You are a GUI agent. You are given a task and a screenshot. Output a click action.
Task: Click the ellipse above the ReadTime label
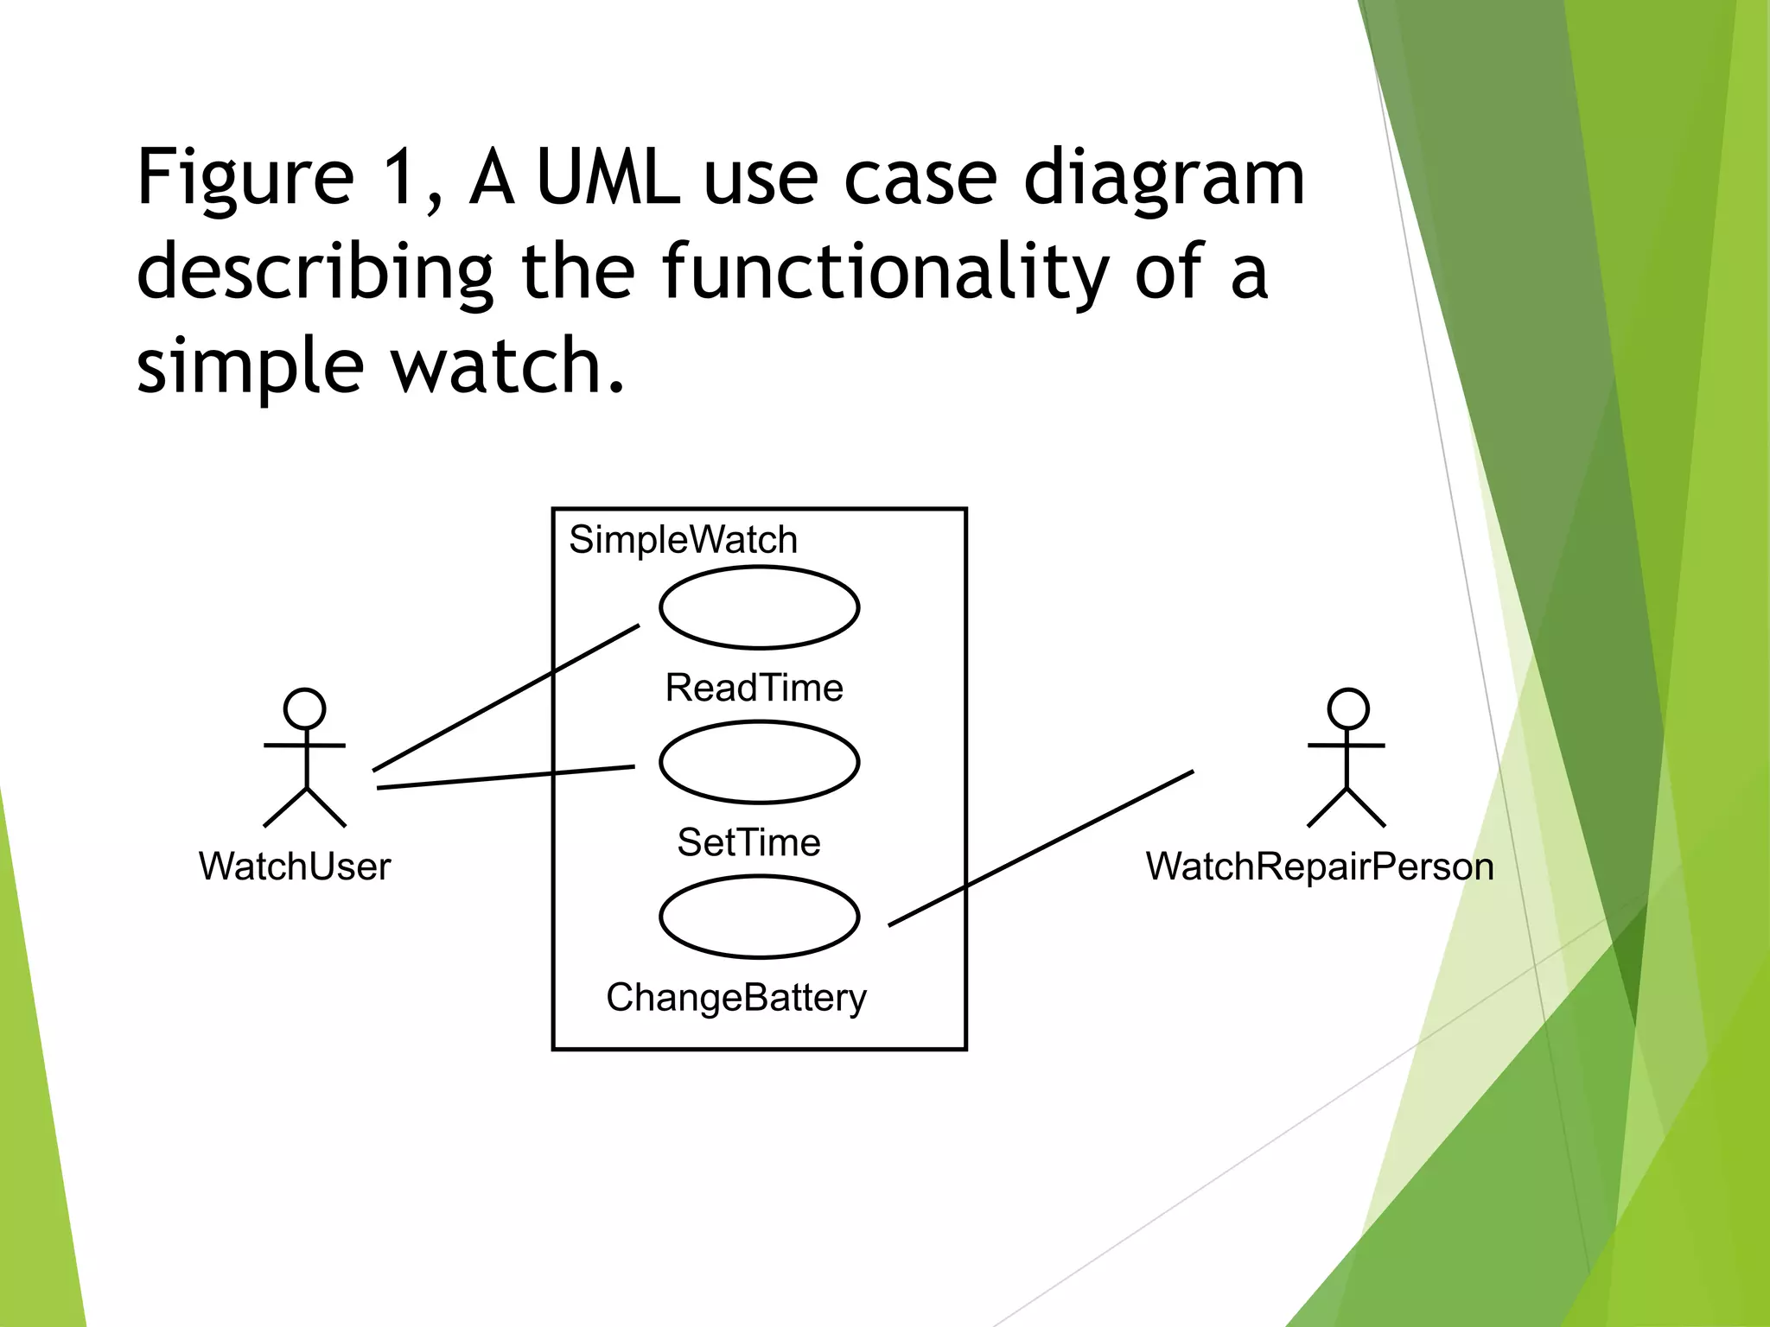759,607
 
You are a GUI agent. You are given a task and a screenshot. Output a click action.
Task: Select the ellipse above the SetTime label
759,762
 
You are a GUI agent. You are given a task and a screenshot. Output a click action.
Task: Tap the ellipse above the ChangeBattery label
759,917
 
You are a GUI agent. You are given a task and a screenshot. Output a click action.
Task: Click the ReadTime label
754,689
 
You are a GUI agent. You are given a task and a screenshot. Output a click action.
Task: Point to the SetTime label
748,842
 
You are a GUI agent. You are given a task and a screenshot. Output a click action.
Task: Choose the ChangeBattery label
735,998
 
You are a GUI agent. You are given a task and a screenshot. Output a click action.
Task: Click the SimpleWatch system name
683,540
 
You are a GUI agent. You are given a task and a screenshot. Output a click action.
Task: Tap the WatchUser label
295,867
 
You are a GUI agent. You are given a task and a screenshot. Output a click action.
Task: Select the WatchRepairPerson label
1320,867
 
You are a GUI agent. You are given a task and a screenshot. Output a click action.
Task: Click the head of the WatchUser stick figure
305,708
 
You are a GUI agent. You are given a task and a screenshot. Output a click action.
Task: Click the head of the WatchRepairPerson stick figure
1347,708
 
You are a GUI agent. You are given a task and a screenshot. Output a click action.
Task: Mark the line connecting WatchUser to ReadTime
506,697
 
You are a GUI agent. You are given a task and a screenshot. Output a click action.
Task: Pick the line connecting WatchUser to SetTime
506,777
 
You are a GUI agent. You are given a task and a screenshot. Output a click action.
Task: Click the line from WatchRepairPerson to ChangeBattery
1041,848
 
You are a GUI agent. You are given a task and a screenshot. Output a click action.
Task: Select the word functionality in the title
885,272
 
